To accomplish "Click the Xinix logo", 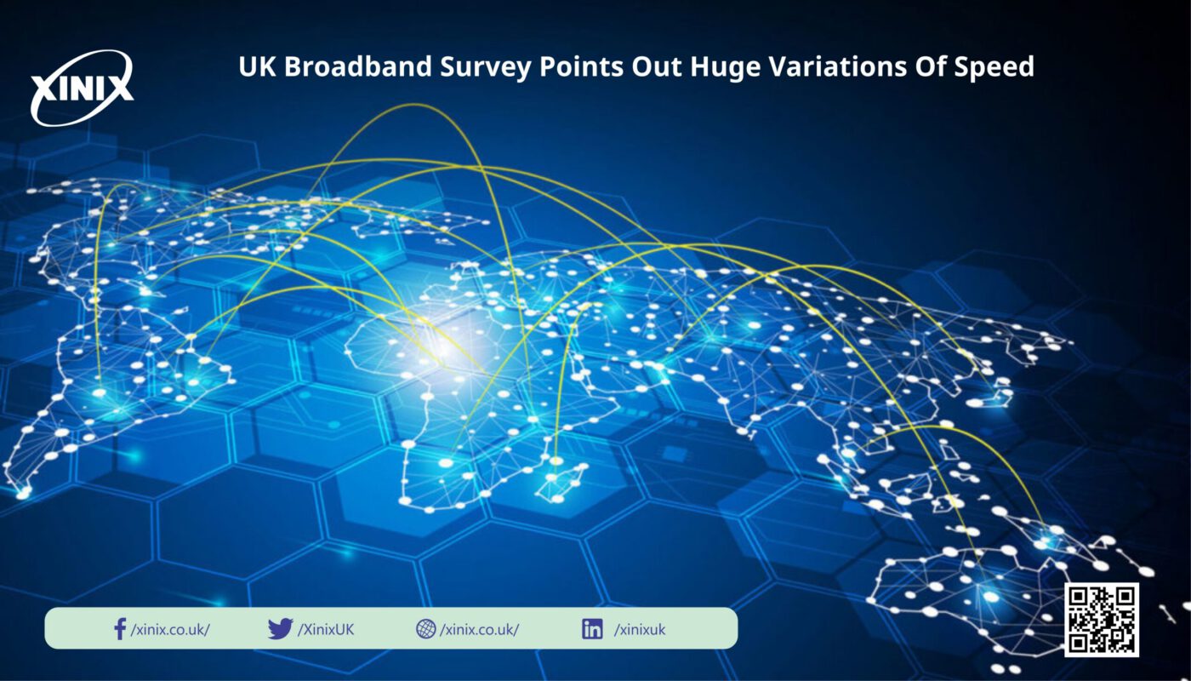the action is click(x=82, y=89).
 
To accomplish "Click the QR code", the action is click(x=1101, y=620).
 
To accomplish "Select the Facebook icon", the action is click(x=120, y=629).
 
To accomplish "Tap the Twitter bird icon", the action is click(x=280, y=628).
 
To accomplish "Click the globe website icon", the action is click(x=426, y=628).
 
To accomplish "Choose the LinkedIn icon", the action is click(x=592, y=629).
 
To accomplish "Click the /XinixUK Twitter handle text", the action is click(x=325, y=630).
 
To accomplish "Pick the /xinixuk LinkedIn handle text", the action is click(x=640, y=630).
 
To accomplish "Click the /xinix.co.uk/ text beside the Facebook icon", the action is click(x=170, y=630).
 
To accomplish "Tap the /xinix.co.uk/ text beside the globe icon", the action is click(x=479, y=630).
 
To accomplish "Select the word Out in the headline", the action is click(x=657, y=67).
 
